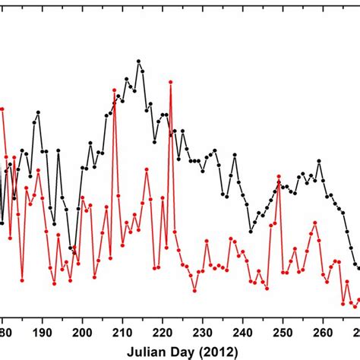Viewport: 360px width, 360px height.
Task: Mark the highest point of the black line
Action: click(138, 61)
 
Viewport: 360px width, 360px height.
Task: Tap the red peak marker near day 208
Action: click(115, 90)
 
